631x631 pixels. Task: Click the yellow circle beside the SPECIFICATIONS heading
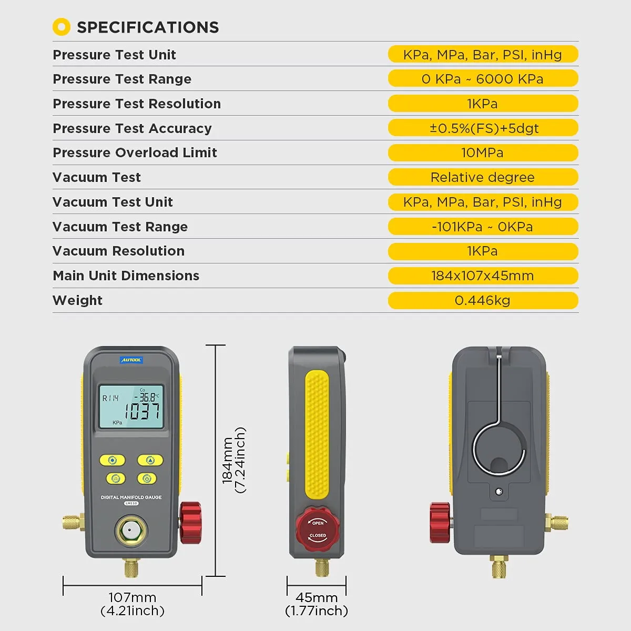[x=62, y=27]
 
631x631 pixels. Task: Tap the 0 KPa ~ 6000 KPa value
[x=483, y=79]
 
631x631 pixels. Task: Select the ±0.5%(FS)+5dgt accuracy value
[x=484, y=128]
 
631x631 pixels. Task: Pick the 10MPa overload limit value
[x=482, y=152]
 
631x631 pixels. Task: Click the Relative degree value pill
[x=483, y=177]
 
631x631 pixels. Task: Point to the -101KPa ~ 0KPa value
[x=482, y=227]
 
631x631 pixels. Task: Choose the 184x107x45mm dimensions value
[x=482, y=276]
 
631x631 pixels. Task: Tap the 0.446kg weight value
[x=482, y=300]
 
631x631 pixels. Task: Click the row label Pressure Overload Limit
[x=135, y=152]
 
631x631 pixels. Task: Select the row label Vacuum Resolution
[x=118, y=251]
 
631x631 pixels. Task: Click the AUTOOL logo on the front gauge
[x=131, y=360]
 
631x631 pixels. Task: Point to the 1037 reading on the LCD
[x=142, y=411]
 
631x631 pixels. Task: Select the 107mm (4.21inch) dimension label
[x=133, y=604]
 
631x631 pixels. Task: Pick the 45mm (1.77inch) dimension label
[x=317, y=604]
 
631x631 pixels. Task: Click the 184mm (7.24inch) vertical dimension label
[x=234, y=460]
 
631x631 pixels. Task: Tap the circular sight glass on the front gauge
[x=130, y=530]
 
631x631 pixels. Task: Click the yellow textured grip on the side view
[x=317, y=434]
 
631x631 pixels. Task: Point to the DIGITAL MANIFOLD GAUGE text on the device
[x=131, y=497]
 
